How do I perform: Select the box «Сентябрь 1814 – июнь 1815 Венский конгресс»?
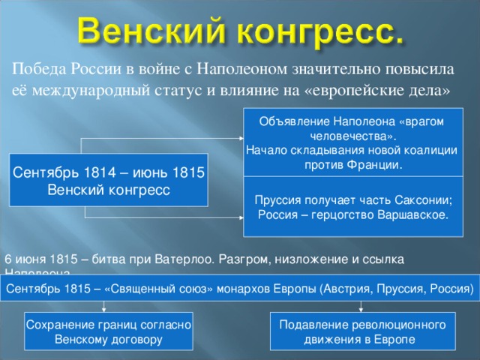tap(108, 180)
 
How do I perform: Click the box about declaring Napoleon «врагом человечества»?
tap(353, 142)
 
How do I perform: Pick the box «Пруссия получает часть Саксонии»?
tap(353, 207)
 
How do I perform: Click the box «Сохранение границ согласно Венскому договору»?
tap(109, 331)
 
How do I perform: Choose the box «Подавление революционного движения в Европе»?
tap(362, 331)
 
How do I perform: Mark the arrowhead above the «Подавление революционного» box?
tap(361, 307)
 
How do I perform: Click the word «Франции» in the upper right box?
tap(376, 163)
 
